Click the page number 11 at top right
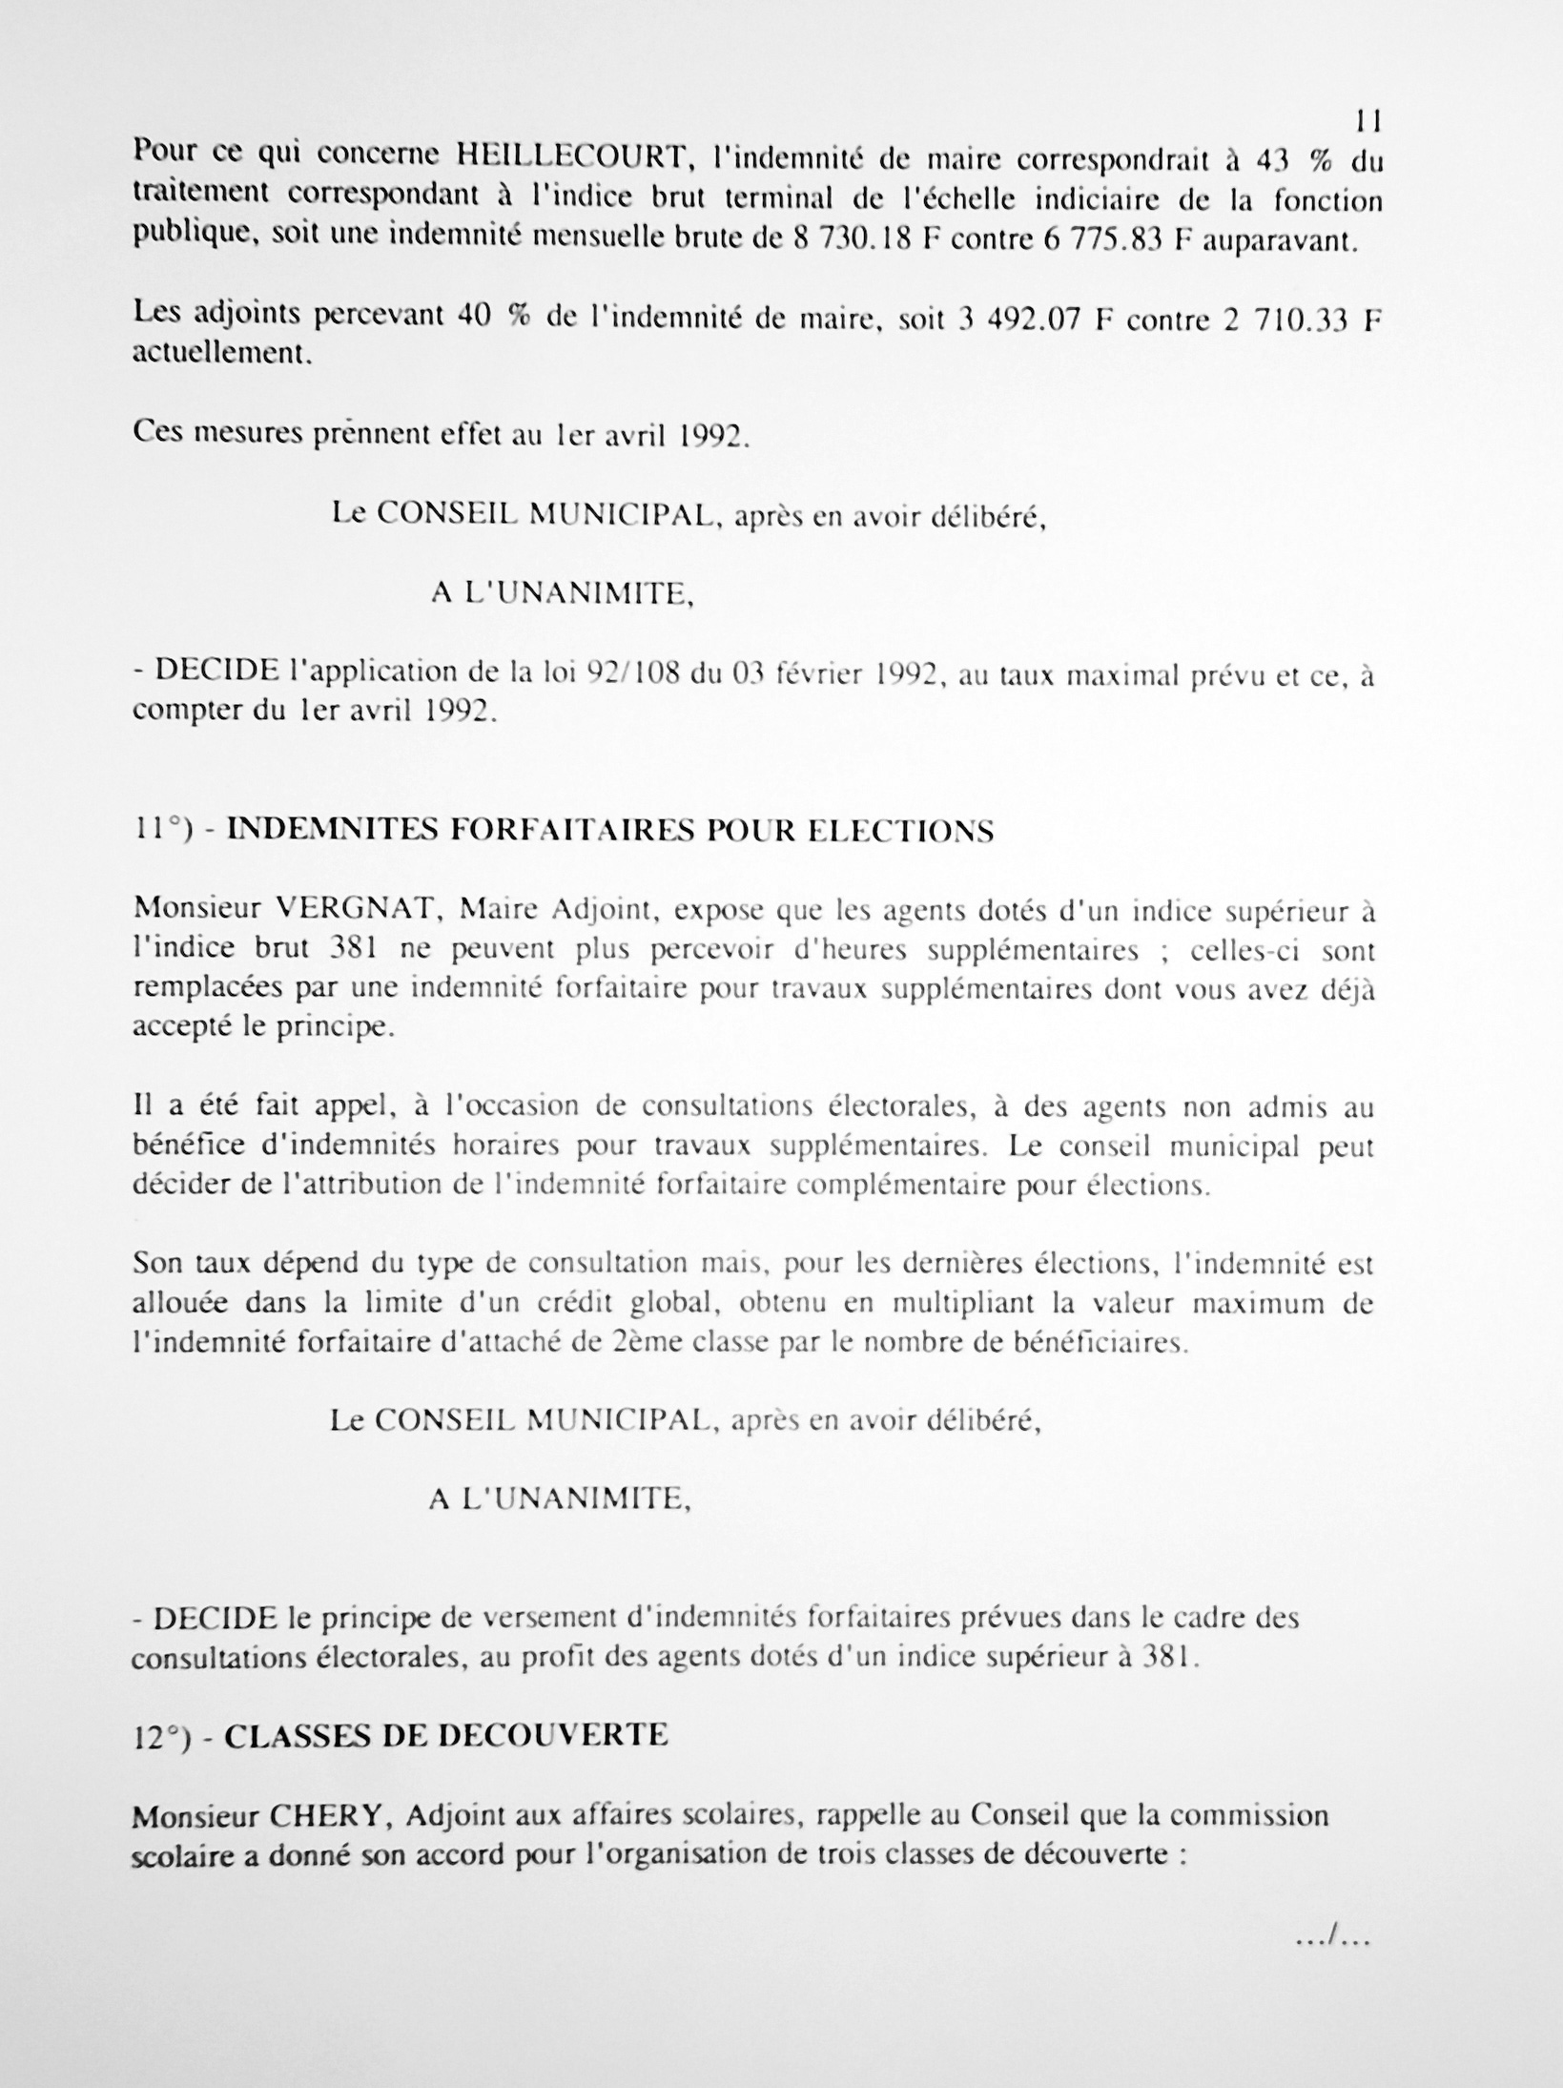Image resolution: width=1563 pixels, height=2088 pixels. pos(1368,122)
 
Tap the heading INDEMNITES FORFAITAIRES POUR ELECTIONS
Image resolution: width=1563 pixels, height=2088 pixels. pos(610,831)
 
